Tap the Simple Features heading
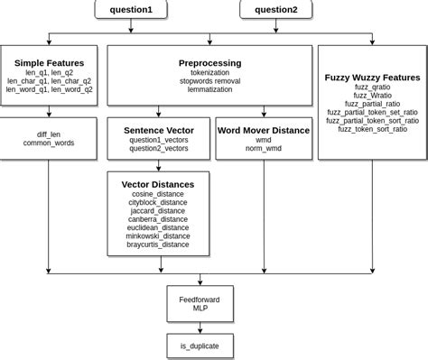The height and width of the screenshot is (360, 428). (49, 62)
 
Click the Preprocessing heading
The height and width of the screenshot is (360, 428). (209, 62)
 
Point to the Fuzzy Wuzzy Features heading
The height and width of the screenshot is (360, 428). (372, 78)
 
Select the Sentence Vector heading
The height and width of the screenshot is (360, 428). (158, 130)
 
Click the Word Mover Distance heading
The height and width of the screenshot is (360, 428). (263, 130)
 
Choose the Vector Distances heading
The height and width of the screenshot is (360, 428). (158, 183)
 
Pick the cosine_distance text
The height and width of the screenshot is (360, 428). (158, 193)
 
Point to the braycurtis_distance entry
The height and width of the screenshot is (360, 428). (158, 244)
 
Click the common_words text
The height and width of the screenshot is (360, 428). (49, 143)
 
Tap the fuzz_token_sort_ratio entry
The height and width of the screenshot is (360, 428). (372, 129)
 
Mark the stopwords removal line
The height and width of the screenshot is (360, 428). (209, 80)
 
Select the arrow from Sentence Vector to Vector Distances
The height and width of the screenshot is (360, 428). (158, 163)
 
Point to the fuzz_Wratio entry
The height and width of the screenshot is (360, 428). (372, 95)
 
